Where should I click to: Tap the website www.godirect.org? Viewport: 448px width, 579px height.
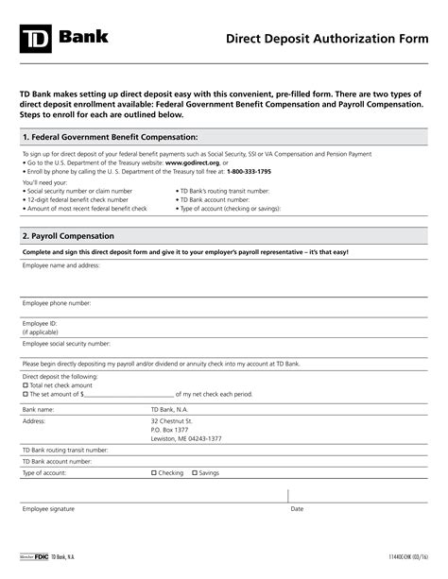pos(192,162)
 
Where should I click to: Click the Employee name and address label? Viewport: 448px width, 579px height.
pos(60,266)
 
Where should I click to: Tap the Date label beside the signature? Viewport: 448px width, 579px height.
pos(297,509)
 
